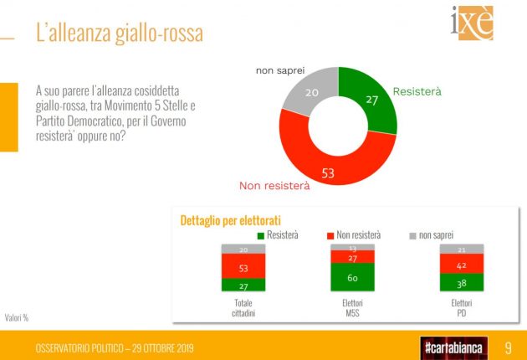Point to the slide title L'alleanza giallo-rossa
pos(119,34)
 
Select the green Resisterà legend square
pos(261,236)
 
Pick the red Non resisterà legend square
pos(330,236)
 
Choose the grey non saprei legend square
pos(412,236)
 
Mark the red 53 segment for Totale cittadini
pos(243,267)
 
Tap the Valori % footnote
pos(17,317)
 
